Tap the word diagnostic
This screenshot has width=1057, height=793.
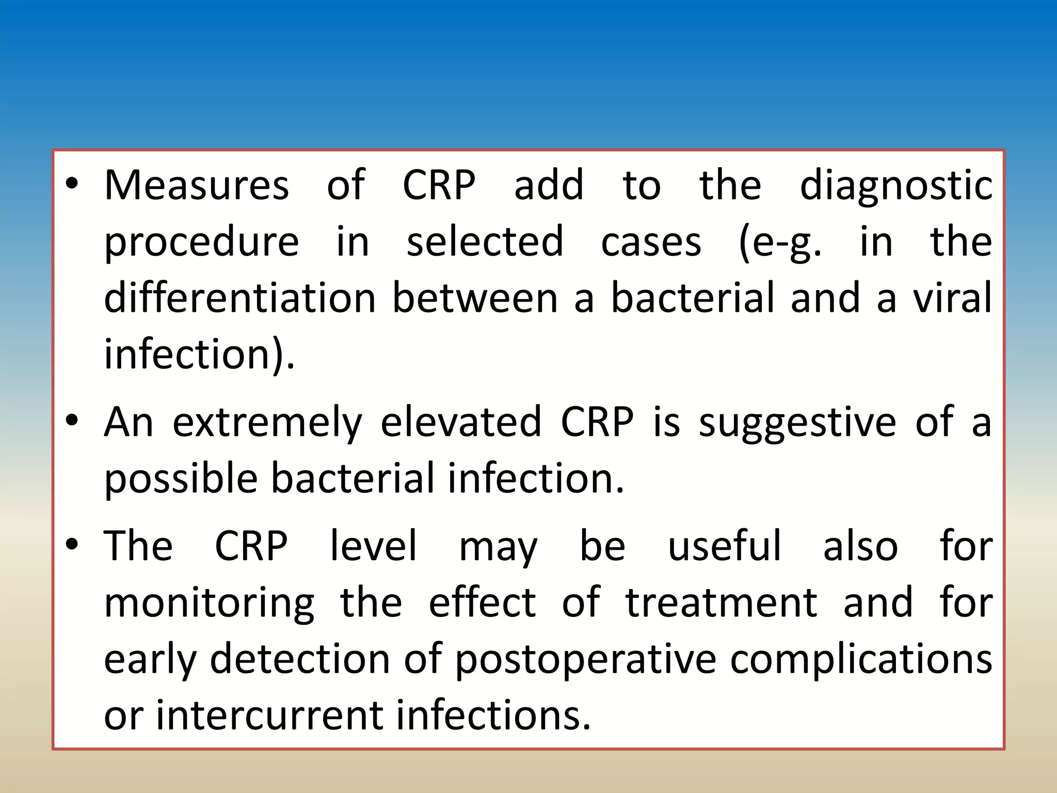coord(896,186)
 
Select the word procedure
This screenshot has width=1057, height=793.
coord(201,243)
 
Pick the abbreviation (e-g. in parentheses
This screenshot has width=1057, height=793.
coord(780,243)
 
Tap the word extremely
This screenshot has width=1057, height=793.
coord(267,423)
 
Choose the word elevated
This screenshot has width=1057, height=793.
coord(461,422)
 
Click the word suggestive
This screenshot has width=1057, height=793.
coord(797,423)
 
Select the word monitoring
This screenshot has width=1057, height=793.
coord(209,603)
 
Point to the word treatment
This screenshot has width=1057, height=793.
coord(722,602)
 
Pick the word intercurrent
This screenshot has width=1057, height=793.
coord(268,716)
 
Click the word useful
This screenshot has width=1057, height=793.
coord(725,546)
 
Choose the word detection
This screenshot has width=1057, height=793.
coord(299,659)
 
